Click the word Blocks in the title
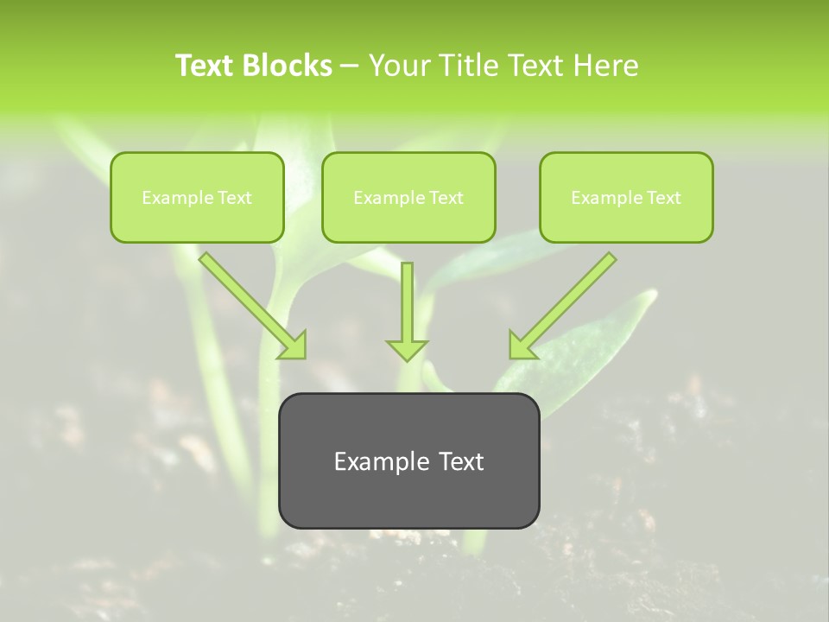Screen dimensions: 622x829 click(288, 66)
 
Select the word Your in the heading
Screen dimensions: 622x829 click(398, 66)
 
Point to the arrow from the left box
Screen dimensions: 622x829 click(250, 304)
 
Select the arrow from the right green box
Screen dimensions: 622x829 click(566, 302)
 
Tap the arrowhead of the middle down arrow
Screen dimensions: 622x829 click(407, 349)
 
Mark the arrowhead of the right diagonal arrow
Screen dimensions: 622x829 click(521, 346)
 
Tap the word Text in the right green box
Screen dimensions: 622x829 click(664, 198)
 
